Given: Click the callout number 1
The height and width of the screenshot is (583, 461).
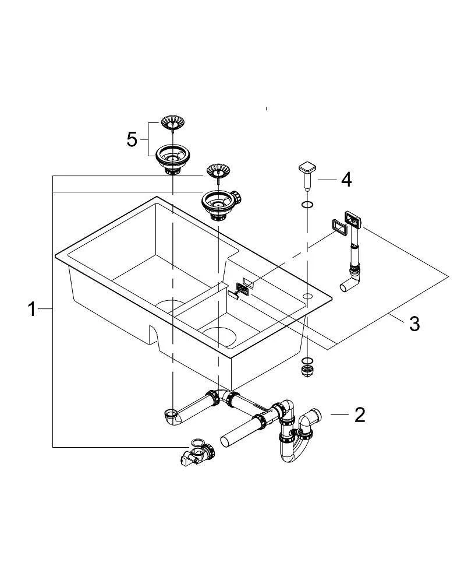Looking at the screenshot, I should coord(33,310).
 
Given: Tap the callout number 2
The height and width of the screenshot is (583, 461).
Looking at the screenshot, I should coord(360,415).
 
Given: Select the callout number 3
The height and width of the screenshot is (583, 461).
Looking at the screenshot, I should coord(414,324).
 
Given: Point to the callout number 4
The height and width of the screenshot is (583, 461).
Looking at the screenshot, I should coord(346,180).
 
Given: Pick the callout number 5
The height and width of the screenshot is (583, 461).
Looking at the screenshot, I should coord(132,139).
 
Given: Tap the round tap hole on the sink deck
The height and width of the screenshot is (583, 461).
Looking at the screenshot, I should coord(307,297).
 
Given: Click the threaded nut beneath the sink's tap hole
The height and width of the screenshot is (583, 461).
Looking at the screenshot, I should coord(306,368).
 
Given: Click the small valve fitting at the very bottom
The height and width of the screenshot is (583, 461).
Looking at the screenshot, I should coord(195,453).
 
